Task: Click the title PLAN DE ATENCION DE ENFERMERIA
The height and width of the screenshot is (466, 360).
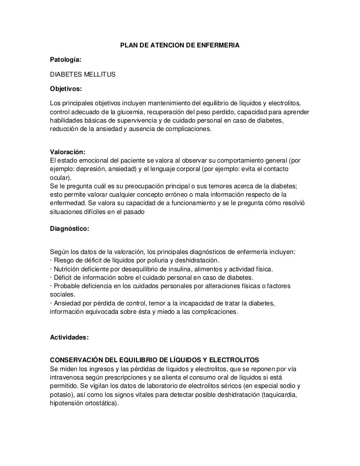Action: coord(180,46)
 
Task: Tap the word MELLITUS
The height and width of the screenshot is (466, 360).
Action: coord(99,74)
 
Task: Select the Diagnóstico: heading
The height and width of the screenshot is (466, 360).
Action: coord(70,229)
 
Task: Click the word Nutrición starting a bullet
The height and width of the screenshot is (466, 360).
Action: coord(69,269)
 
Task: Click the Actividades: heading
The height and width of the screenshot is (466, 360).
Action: coord(69,337)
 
